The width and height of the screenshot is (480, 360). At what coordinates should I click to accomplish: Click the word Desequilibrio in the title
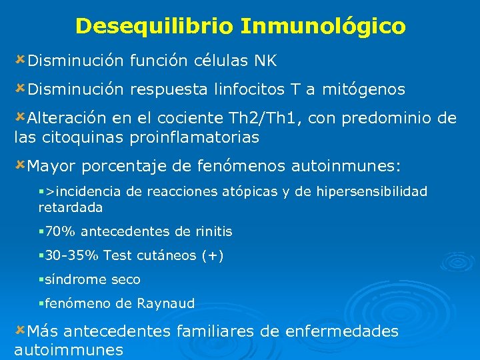[x=155, y=26]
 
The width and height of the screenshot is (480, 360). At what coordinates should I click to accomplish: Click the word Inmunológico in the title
[x=323, y=27]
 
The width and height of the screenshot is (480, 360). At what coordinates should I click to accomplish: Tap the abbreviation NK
[x=265, y=61]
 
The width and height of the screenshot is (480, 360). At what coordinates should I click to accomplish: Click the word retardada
[x=71, y=208]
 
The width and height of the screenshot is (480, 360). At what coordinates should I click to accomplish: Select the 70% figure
[x=57, y=232]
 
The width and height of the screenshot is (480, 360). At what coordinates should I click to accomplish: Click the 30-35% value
[x=71, y=255]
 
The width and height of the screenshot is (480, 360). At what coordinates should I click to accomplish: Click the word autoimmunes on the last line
[x=69, y=350]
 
